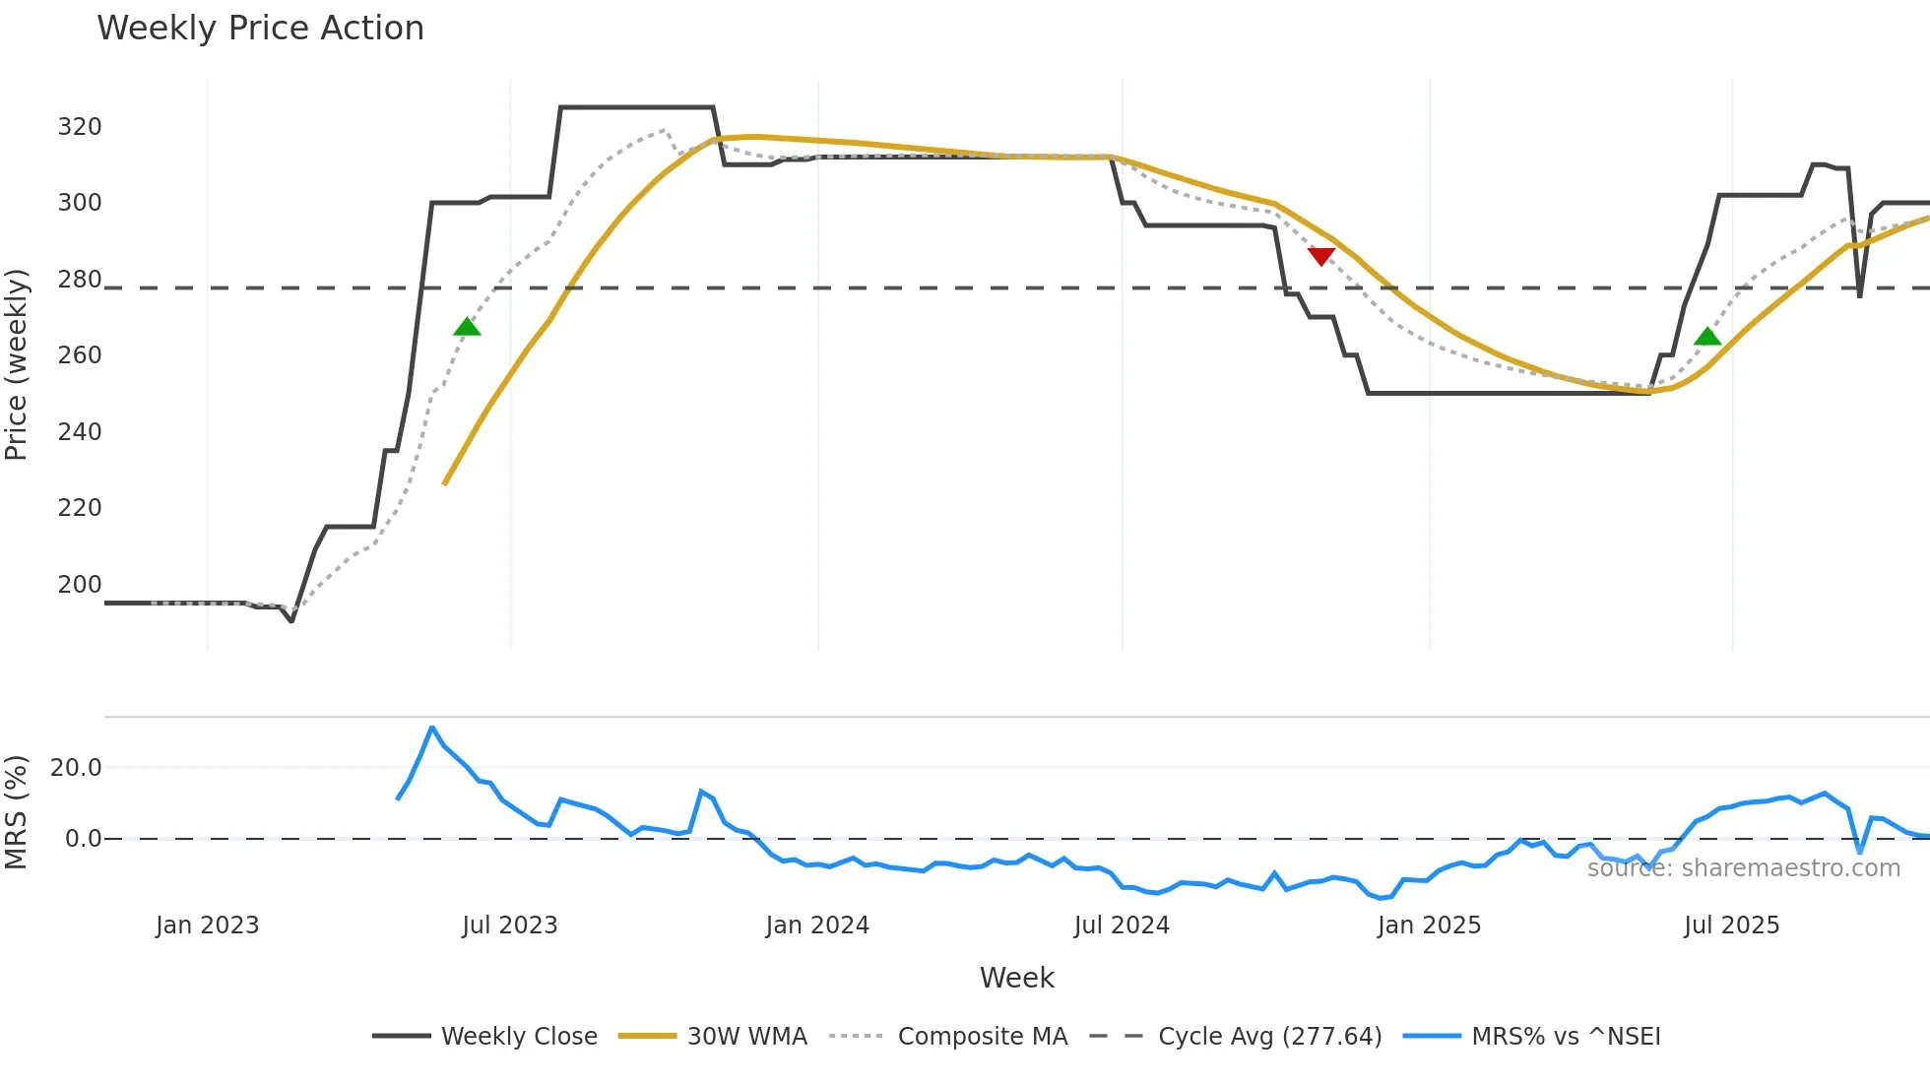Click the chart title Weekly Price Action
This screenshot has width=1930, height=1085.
click(x=260, y=29)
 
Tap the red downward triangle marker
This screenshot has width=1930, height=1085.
click(x=1320, y=256)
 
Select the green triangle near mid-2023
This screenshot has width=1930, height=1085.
click(x=467, y=327)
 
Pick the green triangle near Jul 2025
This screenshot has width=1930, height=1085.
click(x=1707, y=337)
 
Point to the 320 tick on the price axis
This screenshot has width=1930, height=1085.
click(x=80, y=127)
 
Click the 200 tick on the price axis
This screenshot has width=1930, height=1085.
click(x=80, y=585)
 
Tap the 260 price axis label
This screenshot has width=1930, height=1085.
click(x=80, y=355)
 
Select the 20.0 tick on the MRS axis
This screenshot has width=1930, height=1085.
click(x=76, y=768)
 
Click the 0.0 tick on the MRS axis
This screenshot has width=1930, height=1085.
click(x=83, y=839)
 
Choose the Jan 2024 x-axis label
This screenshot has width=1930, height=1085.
click(x=817, y=925)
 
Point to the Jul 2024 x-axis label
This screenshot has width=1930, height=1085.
click(x=1122, y=925)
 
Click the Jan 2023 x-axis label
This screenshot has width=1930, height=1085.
click(x=207, y=925)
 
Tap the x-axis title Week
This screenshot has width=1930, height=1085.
click(x=1016, y=978)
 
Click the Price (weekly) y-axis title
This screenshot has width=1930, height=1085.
click(x=17, y=364)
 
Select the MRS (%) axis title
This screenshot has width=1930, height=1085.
click(x=17, y=812)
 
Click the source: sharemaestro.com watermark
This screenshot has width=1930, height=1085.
click(x=1743, y=868)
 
